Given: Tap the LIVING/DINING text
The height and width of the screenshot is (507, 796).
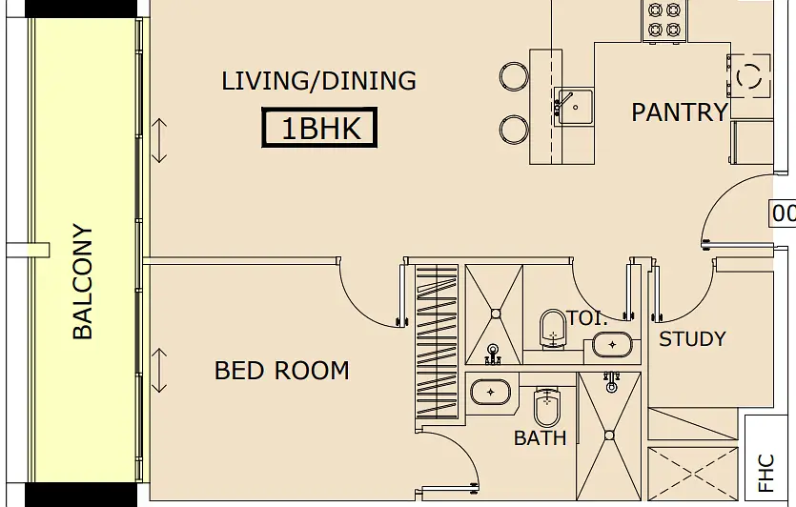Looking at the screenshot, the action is [x=318, y=81].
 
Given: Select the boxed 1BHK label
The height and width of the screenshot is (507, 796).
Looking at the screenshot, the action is [x=319, y=128].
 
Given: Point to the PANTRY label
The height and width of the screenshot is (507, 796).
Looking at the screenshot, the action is [x=680, y=112].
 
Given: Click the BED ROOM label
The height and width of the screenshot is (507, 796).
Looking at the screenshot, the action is [x=282, y=371].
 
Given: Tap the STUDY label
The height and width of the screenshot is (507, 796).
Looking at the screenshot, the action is [x=692, y=338].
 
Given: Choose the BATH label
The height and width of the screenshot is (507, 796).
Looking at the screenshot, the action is [x=541, y=438].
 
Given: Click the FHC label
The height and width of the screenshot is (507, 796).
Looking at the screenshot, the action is [x=765, y=473].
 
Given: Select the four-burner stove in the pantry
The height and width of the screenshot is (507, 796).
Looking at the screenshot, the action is [x=664, y=21].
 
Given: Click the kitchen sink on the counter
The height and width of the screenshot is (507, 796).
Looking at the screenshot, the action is [x=574, y=107].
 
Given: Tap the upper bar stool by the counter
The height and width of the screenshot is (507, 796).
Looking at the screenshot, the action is [x=514, y=76].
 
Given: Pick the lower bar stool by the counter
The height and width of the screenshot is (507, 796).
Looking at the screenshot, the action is [x=514, y=130].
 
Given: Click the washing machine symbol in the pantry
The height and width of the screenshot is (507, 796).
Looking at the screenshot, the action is [x=749, y=75].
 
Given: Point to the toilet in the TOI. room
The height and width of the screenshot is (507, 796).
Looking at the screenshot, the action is [x=553, y=330].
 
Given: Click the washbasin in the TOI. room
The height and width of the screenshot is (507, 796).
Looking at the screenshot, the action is [x=613, y=345].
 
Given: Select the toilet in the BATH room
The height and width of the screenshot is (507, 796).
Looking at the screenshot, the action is [x=547, y=407].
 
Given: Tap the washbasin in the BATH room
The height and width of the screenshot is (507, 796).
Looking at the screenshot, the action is [x=490, y=393].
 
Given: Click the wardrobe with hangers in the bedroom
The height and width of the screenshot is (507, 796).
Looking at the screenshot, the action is [x=437, y=341].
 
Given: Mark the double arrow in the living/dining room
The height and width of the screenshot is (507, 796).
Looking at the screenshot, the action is [x=159, y=141].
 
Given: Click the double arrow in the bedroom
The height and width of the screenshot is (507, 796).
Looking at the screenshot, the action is [x=159, y=371].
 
